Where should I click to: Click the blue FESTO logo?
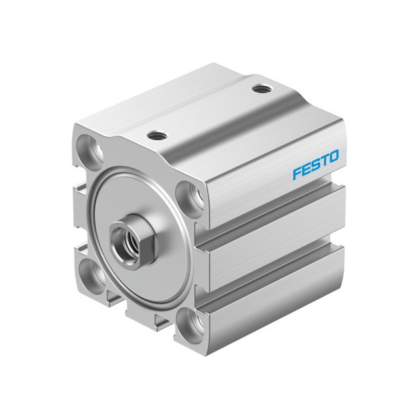tap(316, 165)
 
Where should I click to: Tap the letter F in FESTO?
tap(297, 173)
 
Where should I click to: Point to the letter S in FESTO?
tap(316, 165)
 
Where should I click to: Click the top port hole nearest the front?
tap(156, 136)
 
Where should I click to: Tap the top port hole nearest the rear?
tap(261, 88)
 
